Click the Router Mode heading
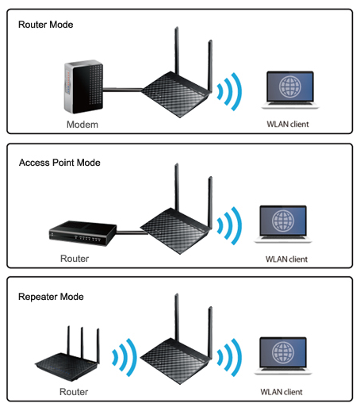click(x=46, y=25)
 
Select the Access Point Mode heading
click(x=59, y=163)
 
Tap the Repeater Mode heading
click(x=51, y=297)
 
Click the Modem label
click(x=82, y=125)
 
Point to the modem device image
click(x=83, y=86)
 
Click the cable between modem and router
click(x=122, y=90)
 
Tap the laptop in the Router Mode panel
click(x=290, y=90)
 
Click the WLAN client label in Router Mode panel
click(x=288, y=124)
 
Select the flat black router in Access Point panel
click(x=82, y=233)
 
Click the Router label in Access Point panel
click(x=75, y=259)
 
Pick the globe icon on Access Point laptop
click(x=283, y=221)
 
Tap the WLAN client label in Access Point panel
click(x=286, y=259)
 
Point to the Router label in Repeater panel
click(x=74, y=392)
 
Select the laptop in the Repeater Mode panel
click(x=283, y=355)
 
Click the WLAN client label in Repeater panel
click(x=281, y=392)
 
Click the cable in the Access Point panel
click(x=132, y=232)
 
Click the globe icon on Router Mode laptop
click(x=290, y=86)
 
